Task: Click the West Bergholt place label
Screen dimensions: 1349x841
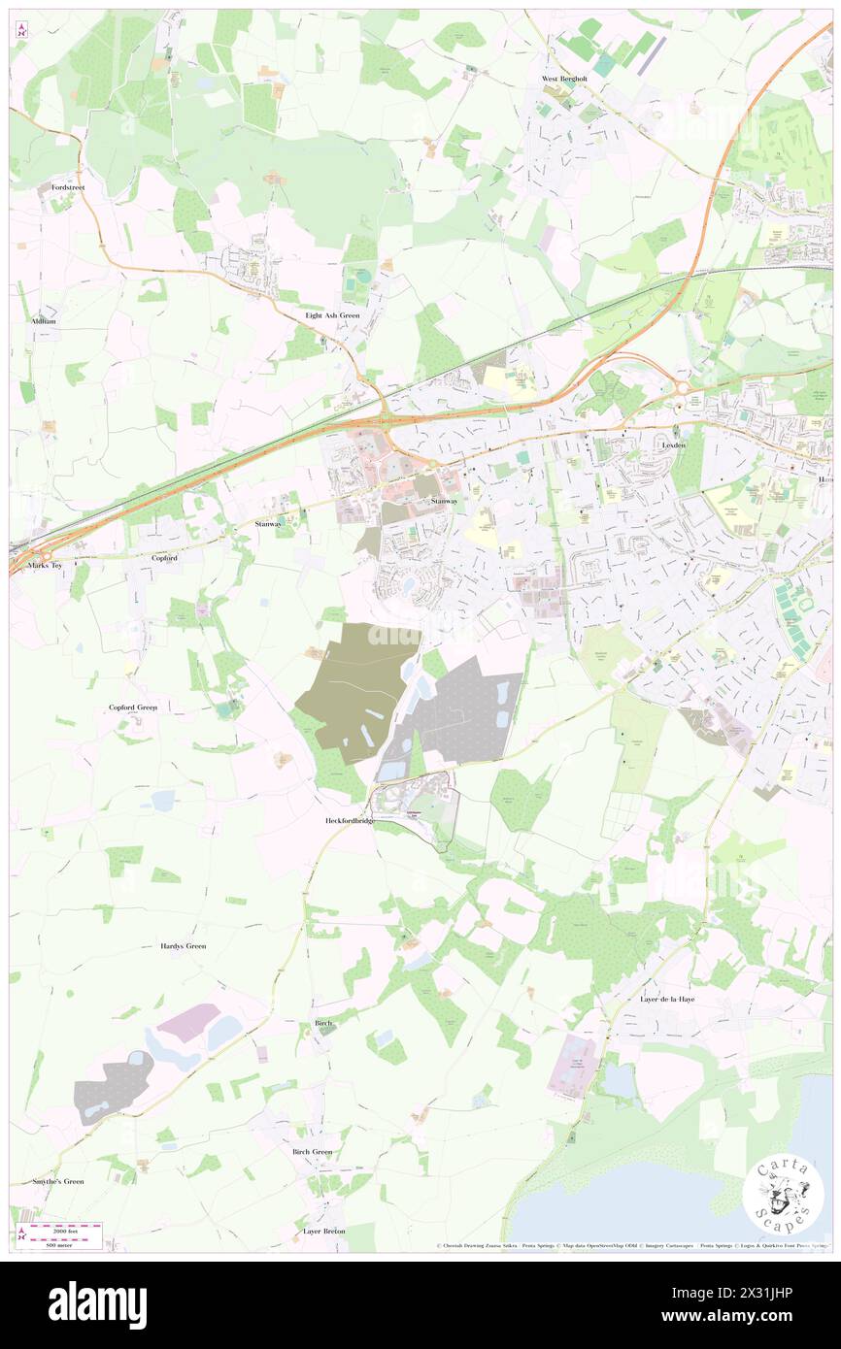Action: tap(564, 80)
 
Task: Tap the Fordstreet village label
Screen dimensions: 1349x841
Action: tap(69, 186)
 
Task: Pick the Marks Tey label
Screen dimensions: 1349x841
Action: tap(45, 565)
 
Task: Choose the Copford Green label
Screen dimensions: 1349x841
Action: tap(133, 707)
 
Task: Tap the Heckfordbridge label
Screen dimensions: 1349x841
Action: tap(350, 820)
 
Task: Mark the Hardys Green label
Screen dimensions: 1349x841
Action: tap(183, 945)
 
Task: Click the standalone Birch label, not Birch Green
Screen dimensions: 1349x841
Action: tap(323, 1023)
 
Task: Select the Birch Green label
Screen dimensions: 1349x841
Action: tap(312, 1152)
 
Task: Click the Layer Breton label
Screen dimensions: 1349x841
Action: tap(323, 1231)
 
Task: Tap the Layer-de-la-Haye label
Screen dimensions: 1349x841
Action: tap(667, 999)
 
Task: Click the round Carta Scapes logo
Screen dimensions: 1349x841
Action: tap(783, 1193)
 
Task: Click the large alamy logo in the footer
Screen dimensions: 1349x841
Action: tap(97, 1304)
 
